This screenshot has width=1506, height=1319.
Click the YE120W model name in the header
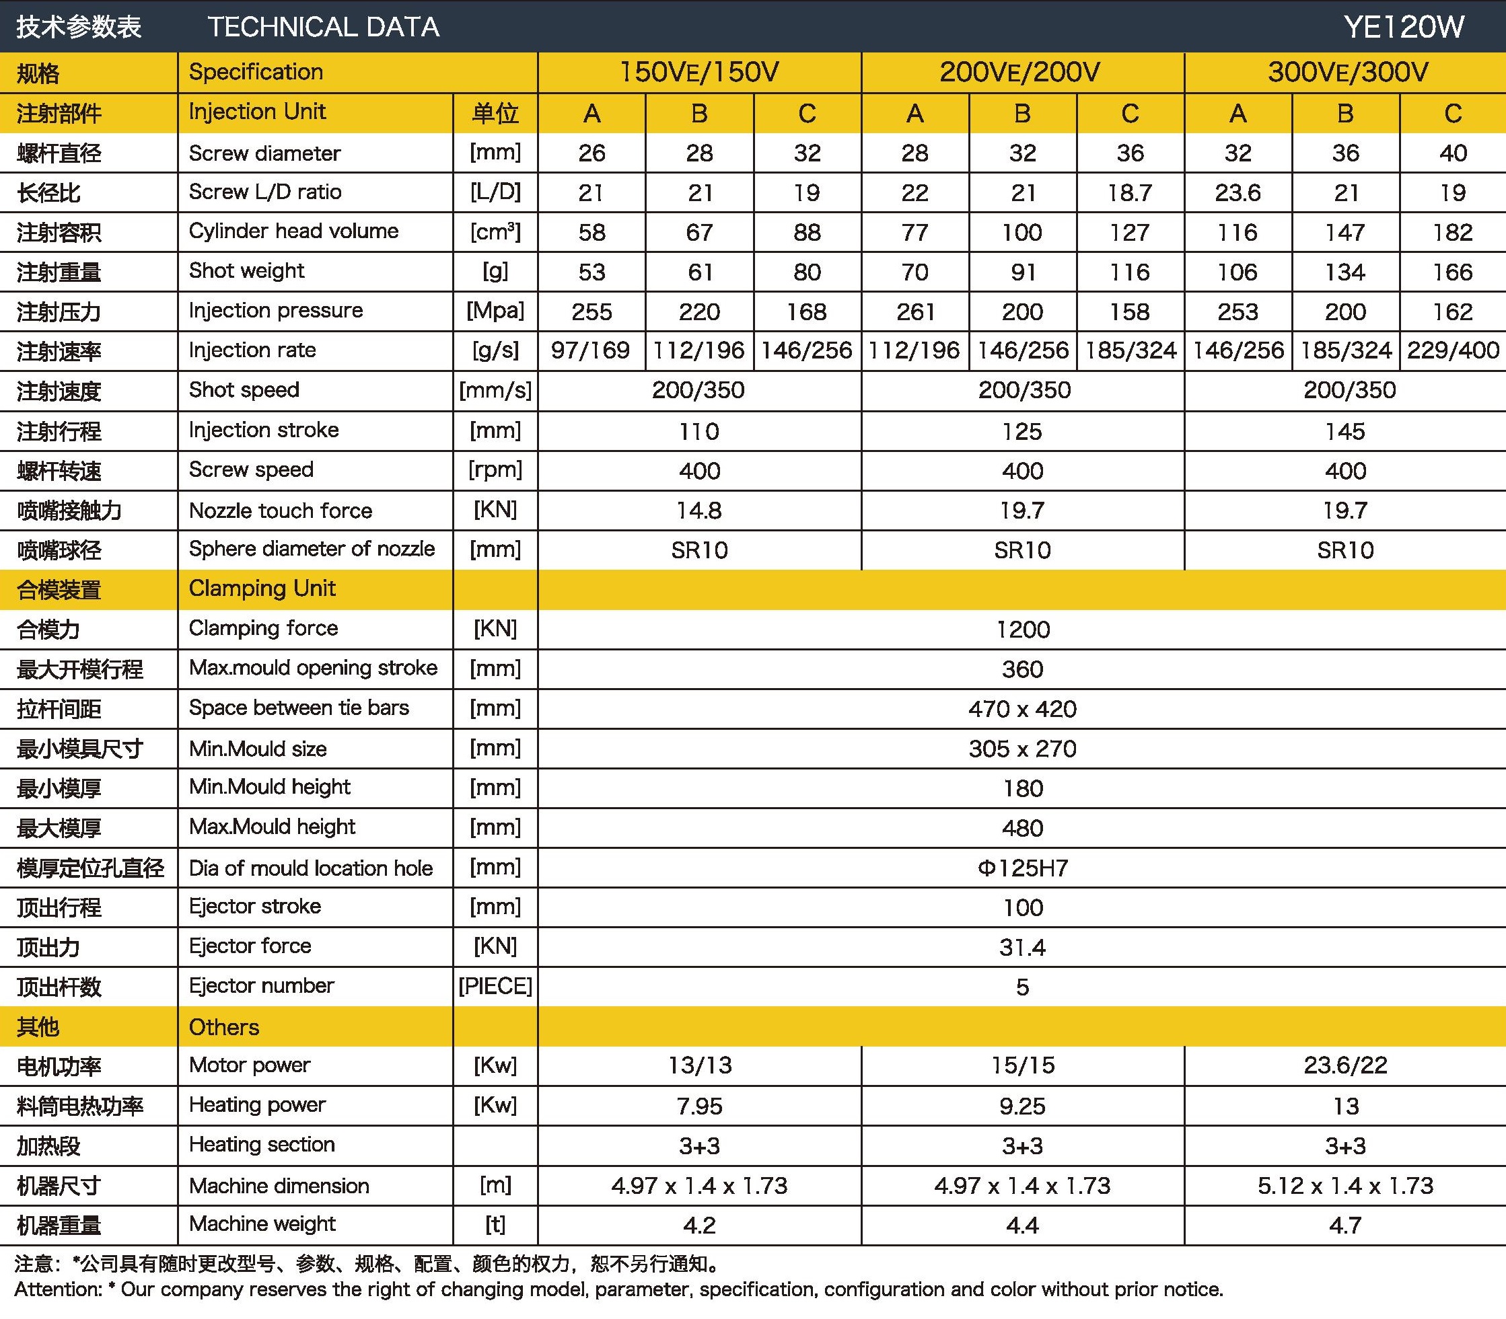[x=1404, y=27]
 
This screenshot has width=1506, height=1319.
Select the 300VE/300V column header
[x=1348, y=72]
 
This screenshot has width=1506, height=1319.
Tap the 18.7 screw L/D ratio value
[x=1130, y=193]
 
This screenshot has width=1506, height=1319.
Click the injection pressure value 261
[x=915, y=312]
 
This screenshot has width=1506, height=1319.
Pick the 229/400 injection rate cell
[x=1452, y=350]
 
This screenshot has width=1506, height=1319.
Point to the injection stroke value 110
[x=699, y=431]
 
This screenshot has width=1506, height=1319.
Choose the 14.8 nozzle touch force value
[x=699, y=511]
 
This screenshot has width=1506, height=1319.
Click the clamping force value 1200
[x=1022, y=630]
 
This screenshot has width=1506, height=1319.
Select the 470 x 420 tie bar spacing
[x=1022, y=710]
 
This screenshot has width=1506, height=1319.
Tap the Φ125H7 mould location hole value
[x=1022, y=868]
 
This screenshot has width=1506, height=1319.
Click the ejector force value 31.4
[x=1022, y=948]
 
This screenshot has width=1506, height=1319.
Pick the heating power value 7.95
[x=699, y=1106]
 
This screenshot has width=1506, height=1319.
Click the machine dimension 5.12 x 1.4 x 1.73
[x=1345, y=1186]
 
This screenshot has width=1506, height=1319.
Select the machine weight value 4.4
[x=1022, y=1226]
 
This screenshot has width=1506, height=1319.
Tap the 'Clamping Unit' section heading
[x=262, y=589]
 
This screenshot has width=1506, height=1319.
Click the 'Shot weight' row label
[x=247, y=271]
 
